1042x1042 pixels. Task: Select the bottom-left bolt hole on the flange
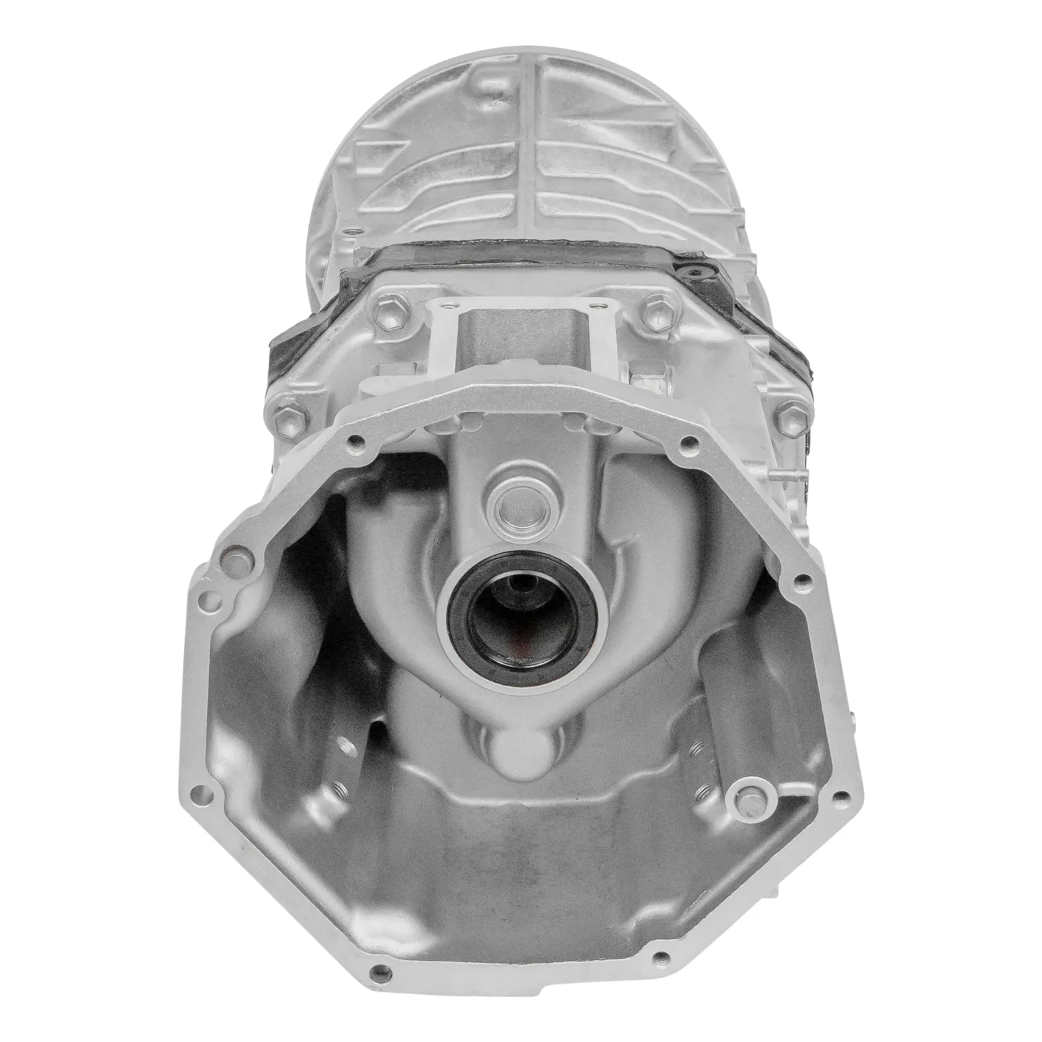click(x=377, y=971)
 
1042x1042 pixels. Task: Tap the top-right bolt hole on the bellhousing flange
click(x=688, y=441)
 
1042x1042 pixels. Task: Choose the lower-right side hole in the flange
click(x=843, y=795)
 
